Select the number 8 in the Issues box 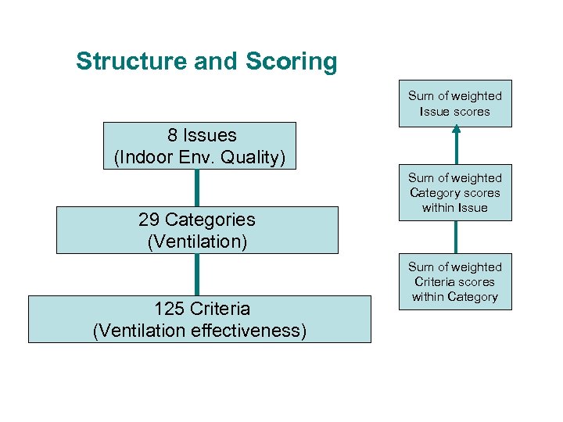tap(170, 135)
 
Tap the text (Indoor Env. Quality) tap(200, 157)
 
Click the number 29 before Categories tap(149, 220)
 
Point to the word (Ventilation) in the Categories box tap(197, 241)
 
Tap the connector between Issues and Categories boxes tap(196, 188)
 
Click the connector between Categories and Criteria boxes tap(196, 274)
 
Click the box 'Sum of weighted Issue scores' tap(454, 103)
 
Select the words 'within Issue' tap(454, 208)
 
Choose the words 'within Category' tap(454, 297)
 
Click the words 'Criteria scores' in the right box tap(454, 282)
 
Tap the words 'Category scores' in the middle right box tap(454, 193)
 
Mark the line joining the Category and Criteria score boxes tap(457, 238)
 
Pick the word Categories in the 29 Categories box tap(208, 220)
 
